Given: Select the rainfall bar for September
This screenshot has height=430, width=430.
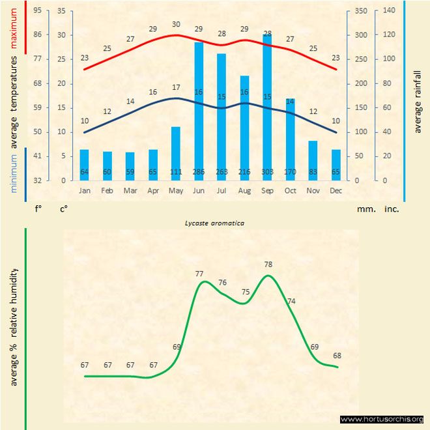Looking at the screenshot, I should coord(267,107).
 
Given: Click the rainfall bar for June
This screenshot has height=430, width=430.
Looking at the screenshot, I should coord(199,111).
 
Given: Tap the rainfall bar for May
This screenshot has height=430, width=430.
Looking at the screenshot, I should coord(176,153).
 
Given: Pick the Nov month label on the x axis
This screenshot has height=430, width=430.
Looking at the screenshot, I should coord(313,190).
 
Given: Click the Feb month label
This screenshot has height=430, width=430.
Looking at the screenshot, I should coord(107,190).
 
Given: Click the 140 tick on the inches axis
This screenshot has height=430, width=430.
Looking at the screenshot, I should coord(390,10).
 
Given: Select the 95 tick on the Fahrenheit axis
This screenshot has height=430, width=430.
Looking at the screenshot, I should coord(38,10).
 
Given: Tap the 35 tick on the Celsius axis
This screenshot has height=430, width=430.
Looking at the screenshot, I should coord(61,10).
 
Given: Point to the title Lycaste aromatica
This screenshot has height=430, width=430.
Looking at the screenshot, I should coord(215,223).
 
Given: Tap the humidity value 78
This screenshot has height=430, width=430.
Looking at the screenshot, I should coord(268,265).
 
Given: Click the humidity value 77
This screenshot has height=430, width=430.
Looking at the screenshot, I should coord(199,274).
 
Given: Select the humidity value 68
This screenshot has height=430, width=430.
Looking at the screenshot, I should coord(337,356).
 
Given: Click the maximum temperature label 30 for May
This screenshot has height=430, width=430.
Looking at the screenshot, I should coord(176,25).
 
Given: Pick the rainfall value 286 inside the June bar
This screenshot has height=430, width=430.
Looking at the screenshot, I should coord(199,172).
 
